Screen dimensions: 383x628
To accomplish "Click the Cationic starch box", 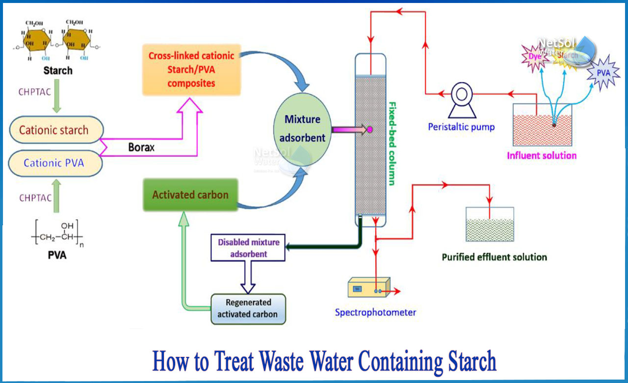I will click(x=54, y=130).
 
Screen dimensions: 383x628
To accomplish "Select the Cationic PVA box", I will click(x=54, y=163).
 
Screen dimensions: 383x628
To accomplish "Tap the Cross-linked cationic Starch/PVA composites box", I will click(x=191, y=69).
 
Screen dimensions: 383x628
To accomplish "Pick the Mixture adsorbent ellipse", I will click(x=302, y=129).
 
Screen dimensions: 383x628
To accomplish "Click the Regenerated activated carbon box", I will click(x=248, y=309).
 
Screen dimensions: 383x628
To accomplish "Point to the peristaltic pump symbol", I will click(x=461, y=92).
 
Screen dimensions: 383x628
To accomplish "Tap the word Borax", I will click(x=141, y=147).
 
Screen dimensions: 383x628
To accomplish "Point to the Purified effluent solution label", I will click(x=494, y=257).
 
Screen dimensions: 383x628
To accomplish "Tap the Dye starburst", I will click(x=534, y=57).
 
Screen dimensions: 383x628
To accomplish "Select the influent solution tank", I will click(x=542, y=125).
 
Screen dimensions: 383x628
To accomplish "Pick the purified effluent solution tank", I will click(x=489, y=224).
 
